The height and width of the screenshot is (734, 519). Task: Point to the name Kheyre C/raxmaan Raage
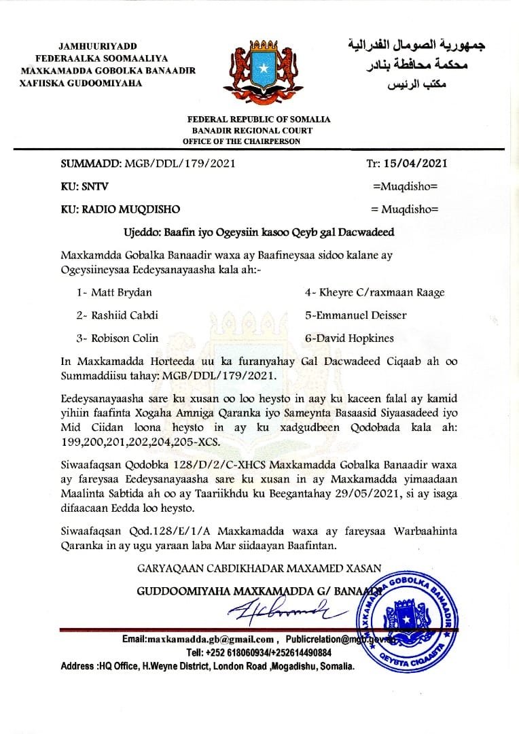point(375,292)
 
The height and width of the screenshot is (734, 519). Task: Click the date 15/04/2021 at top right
point(415,163)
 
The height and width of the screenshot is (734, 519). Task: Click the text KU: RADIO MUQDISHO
point(121,209)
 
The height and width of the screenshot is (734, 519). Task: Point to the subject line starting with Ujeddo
point(259,232)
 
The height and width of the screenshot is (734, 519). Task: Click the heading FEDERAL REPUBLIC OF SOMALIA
point(259,120)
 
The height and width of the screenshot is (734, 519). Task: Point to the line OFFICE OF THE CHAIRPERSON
point(241,141)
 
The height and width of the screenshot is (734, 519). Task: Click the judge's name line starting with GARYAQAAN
point(259,568)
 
